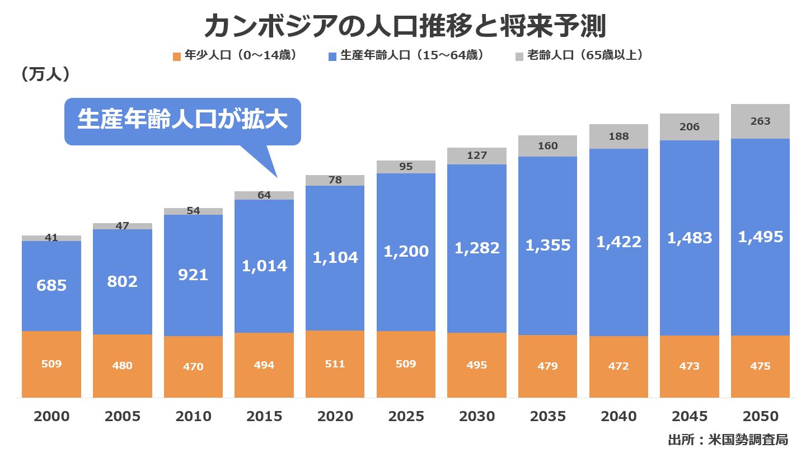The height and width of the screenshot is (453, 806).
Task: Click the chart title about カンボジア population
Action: [404, 26]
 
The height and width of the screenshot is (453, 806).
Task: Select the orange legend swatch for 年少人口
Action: [177, 56]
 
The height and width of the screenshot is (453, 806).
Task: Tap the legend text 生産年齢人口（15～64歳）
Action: [412, 56]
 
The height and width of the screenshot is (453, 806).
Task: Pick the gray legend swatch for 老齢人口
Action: [519, 56]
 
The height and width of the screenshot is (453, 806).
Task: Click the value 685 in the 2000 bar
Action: [51, 286]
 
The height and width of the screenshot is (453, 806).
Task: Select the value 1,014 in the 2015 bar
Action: [264, 266]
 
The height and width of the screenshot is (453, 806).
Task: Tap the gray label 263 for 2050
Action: [760, 121]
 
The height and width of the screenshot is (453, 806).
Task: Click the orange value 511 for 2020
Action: [335, 364]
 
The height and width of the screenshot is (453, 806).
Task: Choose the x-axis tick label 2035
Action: [547, 417]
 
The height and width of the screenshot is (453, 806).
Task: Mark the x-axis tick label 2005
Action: [122, 417]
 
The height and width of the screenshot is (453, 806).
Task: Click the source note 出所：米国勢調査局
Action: [728, 440]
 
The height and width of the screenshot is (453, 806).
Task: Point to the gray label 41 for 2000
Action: [51, 238]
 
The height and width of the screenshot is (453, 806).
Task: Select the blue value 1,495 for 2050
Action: [760, 237]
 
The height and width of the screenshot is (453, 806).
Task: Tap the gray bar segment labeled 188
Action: [618, 136]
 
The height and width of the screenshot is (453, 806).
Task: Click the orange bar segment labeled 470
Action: [193, 366]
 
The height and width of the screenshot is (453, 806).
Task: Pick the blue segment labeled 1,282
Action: [477, 248]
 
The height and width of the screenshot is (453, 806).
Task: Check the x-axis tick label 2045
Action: [689, 417]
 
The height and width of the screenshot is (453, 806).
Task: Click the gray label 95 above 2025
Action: [406, 167]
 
